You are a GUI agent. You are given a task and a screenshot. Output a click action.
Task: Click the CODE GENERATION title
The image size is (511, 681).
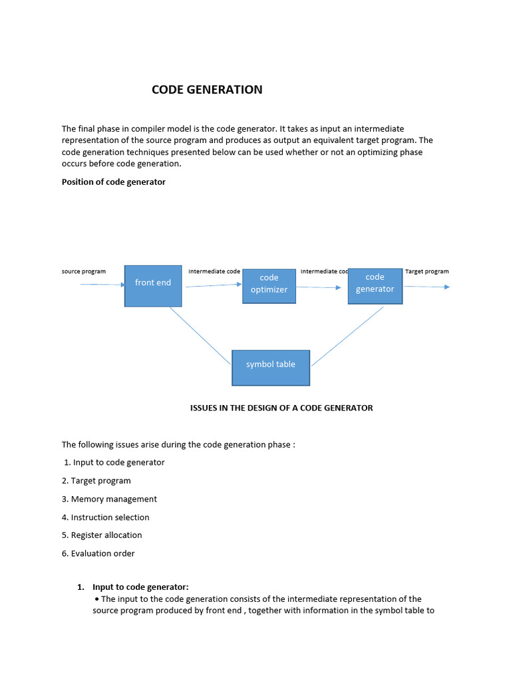point(207,90)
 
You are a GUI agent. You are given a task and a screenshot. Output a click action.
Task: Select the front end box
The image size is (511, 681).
point(153,285)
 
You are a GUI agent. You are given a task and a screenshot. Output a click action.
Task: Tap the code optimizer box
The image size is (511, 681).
point(269,286)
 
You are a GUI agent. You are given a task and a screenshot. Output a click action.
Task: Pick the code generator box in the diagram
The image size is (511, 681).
point(375,286)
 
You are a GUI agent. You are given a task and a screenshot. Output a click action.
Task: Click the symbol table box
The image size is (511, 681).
point(271,367)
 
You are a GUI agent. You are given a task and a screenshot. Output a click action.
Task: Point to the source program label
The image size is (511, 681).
point(84,271)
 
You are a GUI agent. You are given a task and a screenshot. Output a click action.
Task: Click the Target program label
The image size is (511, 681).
point(426,271)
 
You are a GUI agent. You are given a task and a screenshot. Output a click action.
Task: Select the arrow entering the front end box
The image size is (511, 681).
point(102,285)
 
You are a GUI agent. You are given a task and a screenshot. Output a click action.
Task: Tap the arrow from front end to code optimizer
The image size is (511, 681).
point(214,286)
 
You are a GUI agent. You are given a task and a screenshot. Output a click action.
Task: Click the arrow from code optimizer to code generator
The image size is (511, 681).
point(319,287)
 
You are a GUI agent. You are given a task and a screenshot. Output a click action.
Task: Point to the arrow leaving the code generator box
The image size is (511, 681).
point(426,287)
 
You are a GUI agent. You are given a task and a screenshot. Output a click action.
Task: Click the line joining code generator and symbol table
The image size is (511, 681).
point(347,336)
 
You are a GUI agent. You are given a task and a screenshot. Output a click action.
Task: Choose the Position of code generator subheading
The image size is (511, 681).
point(114,182)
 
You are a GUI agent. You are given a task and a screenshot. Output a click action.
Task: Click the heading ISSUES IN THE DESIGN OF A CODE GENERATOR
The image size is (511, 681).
point(281,408)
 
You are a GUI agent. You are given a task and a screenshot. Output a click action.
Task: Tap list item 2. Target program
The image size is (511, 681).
point(96,481)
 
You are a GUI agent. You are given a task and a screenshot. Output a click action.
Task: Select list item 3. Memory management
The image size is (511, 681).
point(109,499)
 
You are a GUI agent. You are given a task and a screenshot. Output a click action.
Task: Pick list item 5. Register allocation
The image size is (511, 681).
point(102,535)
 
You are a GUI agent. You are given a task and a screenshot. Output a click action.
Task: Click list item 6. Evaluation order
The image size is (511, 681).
point(98,553)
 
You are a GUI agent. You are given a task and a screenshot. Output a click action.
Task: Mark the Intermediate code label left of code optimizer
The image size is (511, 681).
point(214,271)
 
